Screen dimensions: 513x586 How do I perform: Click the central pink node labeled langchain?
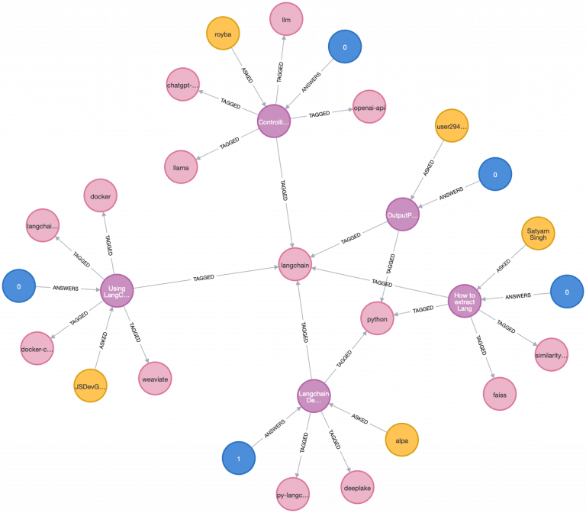pos(295,265)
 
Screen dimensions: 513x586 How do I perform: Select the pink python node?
pos(377,318)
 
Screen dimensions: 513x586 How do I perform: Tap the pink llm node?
pos(286,19)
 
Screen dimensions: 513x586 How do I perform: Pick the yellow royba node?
pos(223,34)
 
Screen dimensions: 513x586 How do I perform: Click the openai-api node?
pos(369,108)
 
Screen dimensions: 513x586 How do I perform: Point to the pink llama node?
pos(181,166)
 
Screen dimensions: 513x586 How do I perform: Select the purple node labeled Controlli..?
pos(274,121)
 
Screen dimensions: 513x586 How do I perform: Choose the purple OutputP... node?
pos(402,215)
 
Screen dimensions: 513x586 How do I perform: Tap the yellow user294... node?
pos(452,125)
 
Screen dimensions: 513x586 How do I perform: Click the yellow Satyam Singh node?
pos(538,234)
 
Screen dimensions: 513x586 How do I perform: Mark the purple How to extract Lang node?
pos(465,300)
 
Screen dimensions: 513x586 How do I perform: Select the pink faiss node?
pos(500,394)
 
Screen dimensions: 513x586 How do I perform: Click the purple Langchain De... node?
pos(314,395)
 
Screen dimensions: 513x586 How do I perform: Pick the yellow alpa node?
pos(401,440)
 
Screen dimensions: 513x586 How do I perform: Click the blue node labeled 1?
pos(239,458)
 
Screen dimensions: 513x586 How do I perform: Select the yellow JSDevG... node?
pos(91,386)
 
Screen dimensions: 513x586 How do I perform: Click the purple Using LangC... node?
pos(117,290)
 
